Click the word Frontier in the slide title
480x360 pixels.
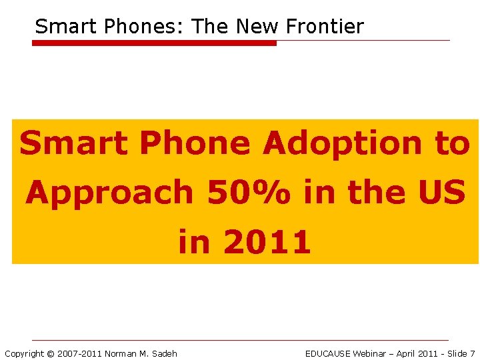point(325,27)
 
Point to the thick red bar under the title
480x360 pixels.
point(154,43)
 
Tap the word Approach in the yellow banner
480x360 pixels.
point(109,193)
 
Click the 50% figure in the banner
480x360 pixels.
point(249,193)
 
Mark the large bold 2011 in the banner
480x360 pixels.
point(267,242)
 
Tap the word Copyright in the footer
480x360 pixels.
point(24,353)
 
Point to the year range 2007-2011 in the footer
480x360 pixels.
point(79,353)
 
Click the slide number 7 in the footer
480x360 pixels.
point(472,353)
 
